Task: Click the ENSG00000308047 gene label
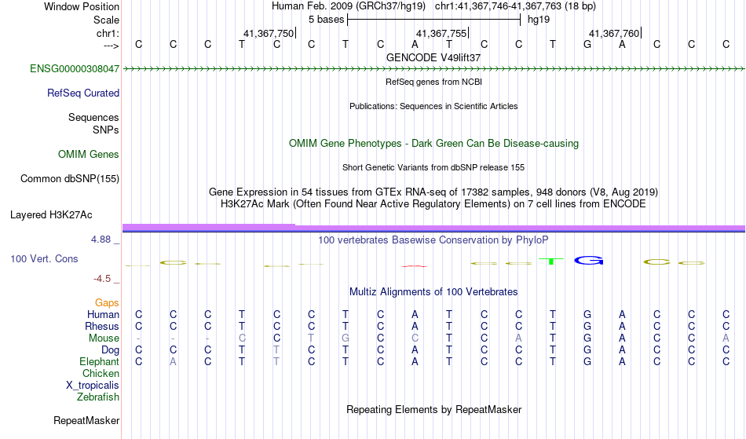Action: pos(75,69)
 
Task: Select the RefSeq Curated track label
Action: pos(83,93)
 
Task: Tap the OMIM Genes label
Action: pos(89,155)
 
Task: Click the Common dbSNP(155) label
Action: pos(70,179)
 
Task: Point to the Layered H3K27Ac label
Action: pos(51,215)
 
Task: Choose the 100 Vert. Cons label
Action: pos(44,258)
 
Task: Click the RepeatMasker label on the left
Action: pos(86,420)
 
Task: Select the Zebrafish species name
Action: pos(98,397)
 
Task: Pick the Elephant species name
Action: pos(100,362)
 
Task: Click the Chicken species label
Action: pos(101,374)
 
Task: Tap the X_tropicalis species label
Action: pos(93,386)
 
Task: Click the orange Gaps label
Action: pos(107,303)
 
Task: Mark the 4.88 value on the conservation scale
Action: pos(101,240)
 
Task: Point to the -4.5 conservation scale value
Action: pos(102,279)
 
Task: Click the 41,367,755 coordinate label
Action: pos(441,33)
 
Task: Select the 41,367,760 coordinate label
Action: pos(614,33)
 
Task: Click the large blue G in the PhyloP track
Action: pos(588,261)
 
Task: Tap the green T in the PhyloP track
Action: pos(551,262)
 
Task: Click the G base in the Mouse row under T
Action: pos(346,338)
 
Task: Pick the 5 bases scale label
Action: pos(326,20)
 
